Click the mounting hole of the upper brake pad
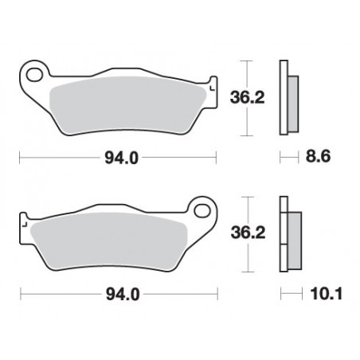(34, 76)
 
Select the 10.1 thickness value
(319, 295)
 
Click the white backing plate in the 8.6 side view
(283, 97)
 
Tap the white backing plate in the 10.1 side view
(283, 236)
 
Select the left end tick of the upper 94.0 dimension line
(19, 158)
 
